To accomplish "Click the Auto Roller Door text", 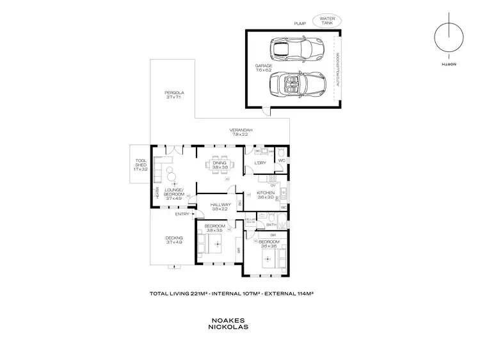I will (x=338, y=70).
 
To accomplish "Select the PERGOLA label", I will (x=173, y=94).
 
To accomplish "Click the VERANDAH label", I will (x=241, y=131).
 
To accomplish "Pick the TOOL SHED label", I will (x=141, y=164).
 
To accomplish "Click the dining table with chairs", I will (x=220, y=166).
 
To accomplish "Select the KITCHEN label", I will (x=266, y=193).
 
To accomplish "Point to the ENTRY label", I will (x=173, y=213).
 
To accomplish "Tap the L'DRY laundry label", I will (x=260, y=163).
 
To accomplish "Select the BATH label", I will (x=271, y=225).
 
